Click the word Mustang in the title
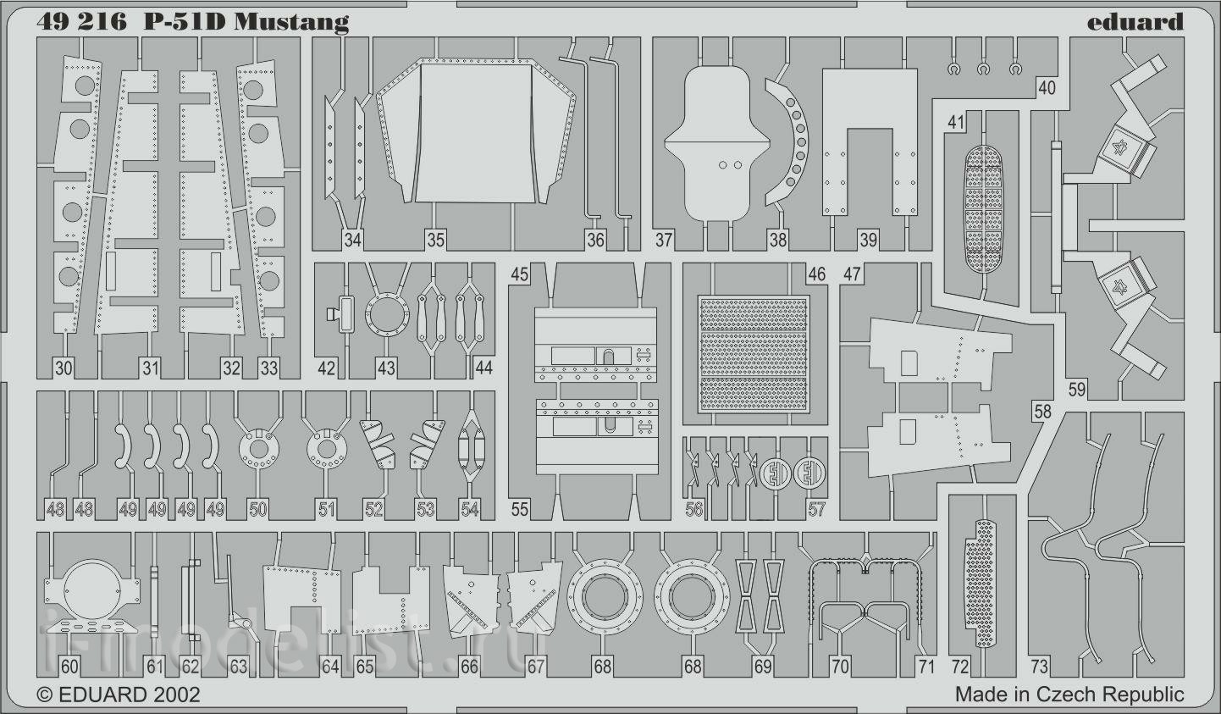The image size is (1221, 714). point(291,22)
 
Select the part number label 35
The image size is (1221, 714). point(435,240)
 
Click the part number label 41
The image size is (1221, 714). point(955,122)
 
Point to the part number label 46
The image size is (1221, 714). point(816,274)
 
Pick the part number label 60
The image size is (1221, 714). point(69,667)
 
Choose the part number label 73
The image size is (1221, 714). point(1040,666)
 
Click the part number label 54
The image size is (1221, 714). point(470,510)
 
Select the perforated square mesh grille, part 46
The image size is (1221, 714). point(754,354)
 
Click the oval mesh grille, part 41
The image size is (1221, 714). point(984,208)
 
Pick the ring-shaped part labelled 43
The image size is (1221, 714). point(387,315)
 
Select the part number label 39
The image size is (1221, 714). point(868,240)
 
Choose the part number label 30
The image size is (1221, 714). point(64,368)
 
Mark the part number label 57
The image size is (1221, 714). point(816,509)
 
